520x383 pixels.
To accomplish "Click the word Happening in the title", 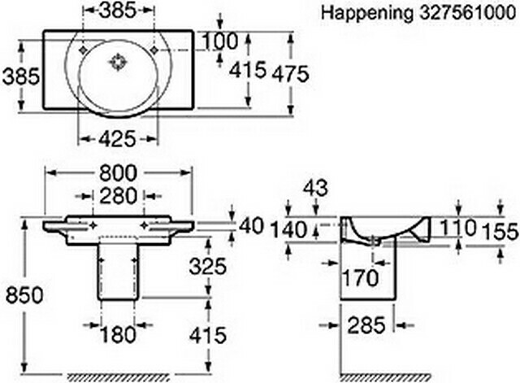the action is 367,14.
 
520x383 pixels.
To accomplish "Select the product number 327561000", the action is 468,13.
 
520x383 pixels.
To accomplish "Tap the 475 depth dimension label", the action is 291,73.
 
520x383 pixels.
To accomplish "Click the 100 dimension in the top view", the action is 220,41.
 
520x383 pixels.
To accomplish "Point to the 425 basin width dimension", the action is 117,138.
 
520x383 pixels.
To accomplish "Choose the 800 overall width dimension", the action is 118,173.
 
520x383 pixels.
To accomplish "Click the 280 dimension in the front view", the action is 119,195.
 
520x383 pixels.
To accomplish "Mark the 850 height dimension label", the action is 24,294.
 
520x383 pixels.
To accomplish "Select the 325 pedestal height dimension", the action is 208,266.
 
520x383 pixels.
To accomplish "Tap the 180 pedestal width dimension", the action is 118,334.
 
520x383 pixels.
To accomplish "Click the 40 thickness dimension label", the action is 251,226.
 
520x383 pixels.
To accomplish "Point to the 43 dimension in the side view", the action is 315,188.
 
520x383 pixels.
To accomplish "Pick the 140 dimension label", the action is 289,230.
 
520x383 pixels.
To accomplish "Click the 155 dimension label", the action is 500,231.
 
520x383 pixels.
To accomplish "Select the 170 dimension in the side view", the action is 360,277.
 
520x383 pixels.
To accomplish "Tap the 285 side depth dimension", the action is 366,325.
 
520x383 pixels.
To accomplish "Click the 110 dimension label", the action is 458,228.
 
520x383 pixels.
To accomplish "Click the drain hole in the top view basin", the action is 118,62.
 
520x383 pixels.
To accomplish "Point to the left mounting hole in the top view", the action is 83,50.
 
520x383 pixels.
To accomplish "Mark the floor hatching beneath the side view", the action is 385,377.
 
